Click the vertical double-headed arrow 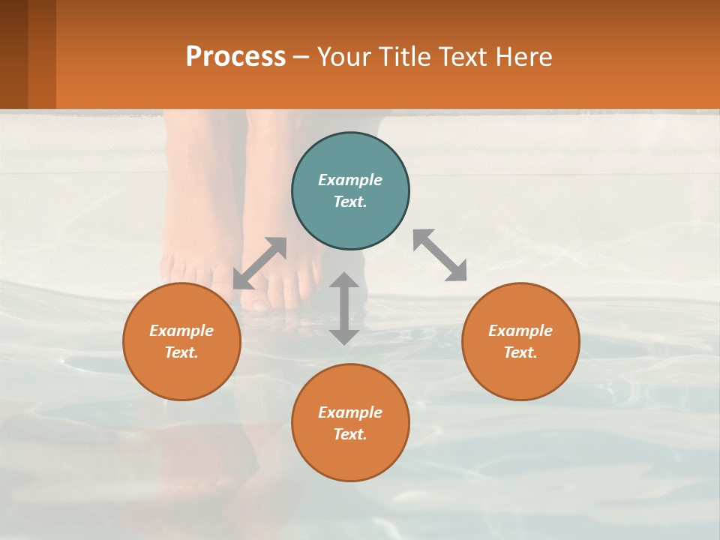click(344, 308)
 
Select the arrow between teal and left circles click(259, 263)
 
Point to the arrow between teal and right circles click(440, 255)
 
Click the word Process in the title click(235, 56)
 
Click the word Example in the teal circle click(350, 180)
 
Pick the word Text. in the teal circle click(350, 202)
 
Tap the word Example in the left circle click(181, 331)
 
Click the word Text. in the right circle click(520, 352)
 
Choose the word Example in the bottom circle click(350, 412)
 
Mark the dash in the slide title click(301, 57)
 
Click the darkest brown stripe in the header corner click(13, 54)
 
